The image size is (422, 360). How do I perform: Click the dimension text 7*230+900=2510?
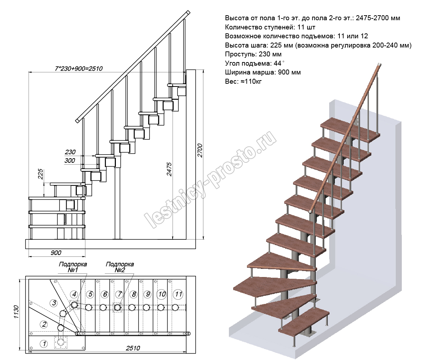coord(79,68)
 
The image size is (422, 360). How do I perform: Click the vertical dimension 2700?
coord(199,150)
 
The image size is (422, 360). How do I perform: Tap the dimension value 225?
coord(40,174)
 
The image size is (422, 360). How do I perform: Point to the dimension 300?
coord(70,161)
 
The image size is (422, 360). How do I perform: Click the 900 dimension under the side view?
coord(56,253)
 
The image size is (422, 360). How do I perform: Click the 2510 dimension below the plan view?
coord(133,348)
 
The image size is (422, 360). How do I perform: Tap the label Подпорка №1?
coord(73,267)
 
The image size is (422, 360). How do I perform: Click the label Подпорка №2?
coord(120,267)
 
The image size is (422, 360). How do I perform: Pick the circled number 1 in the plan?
coord(44,343)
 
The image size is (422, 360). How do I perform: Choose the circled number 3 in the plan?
coord(54,303)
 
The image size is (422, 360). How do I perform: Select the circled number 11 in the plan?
coord(178,294)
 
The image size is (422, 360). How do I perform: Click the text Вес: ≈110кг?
coord(243,82)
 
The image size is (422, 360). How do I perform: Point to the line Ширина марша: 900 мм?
coord(263,72)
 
